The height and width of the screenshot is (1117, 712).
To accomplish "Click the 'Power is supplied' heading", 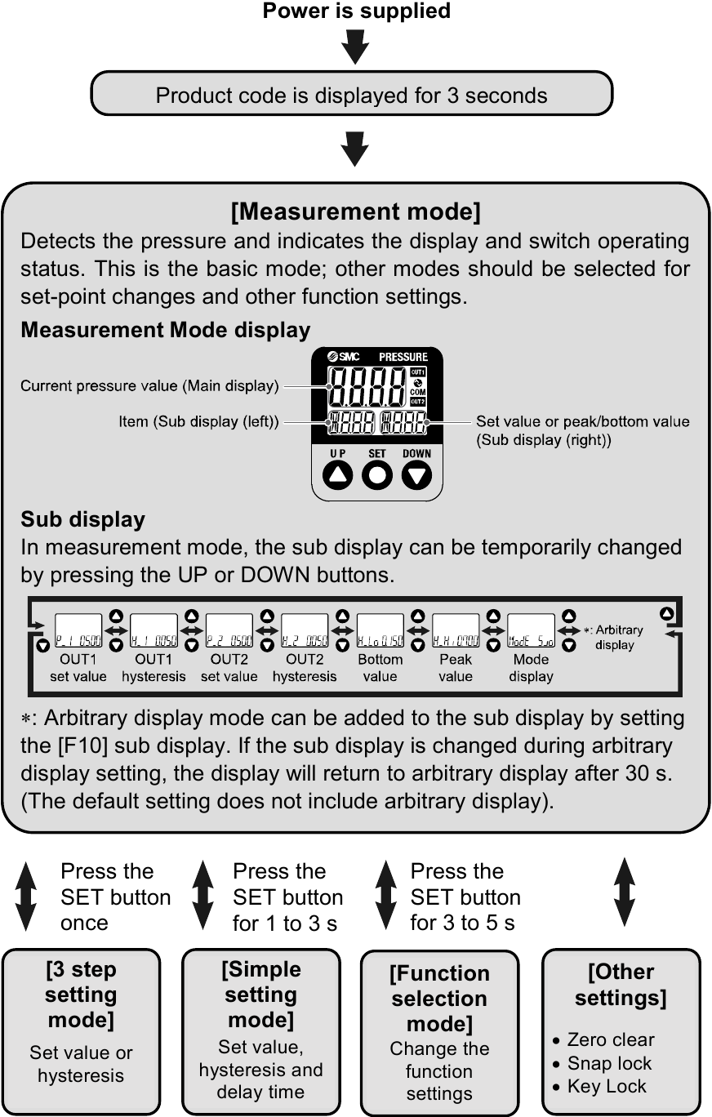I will click(356, 11).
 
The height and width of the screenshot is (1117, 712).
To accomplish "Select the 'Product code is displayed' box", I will click(351, 95).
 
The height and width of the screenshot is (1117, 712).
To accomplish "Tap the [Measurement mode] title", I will click(355, 212).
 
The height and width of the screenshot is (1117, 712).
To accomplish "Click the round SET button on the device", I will click(376, 474).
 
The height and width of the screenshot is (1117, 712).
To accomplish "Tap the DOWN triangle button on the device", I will click(417, 474).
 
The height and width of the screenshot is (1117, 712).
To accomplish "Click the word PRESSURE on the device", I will click(403, 357).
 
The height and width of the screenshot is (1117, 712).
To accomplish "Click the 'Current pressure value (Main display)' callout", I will click(149, 385).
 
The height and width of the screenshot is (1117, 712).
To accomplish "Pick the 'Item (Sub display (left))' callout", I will click(198, 422).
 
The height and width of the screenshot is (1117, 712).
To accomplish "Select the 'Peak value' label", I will click(456, 668).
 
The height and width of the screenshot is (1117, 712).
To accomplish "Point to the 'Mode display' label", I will click(532, 668).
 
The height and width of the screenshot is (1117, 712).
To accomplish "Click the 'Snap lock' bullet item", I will click(609, 1063).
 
